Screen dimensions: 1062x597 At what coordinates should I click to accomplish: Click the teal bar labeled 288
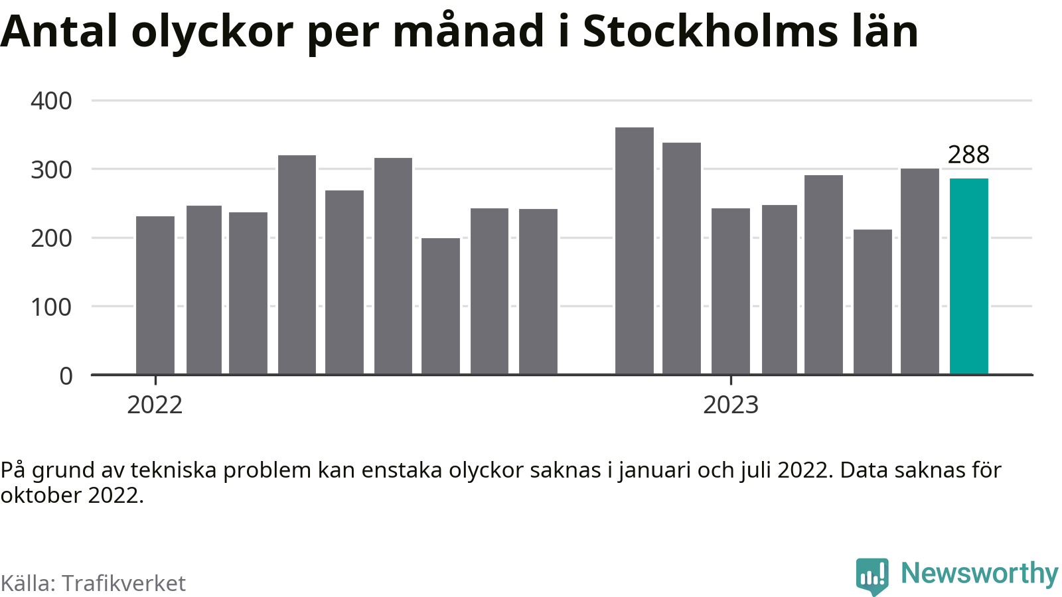tap(968, 276)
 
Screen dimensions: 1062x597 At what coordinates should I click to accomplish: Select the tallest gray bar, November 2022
tap(635, 251)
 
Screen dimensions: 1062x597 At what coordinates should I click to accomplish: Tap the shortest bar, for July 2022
tap(441, 306)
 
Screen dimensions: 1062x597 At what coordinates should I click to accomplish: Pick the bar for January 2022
tap(155, 295)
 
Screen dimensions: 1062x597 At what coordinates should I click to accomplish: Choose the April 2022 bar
tap(297, 265)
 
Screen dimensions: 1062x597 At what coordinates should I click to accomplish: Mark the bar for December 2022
tap(681, 258)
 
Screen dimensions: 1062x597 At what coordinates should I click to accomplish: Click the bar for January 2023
tap(731, 291)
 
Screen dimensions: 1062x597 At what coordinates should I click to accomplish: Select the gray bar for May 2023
tap(920, 271)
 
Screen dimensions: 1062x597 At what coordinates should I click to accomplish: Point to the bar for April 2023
tap(872, 302)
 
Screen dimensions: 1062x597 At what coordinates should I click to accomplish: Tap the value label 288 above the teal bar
tap(968, 155)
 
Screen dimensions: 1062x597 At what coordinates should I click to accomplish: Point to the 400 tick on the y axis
tap(51, 101)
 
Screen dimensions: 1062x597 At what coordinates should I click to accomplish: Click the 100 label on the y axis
tap(51, 307)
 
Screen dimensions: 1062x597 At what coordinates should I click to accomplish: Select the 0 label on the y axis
tap(66, 376)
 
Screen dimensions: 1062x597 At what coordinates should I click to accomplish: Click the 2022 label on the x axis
tap(155, 405)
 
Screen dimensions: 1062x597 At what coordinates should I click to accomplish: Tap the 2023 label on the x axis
tap(731, 405)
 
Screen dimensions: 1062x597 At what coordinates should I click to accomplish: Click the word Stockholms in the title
tap(710, 31)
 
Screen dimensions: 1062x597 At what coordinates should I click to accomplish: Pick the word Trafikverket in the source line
tap(123, 583)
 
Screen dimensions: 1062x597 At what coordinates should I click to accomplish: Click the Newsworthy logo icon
tap(872, 576)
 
